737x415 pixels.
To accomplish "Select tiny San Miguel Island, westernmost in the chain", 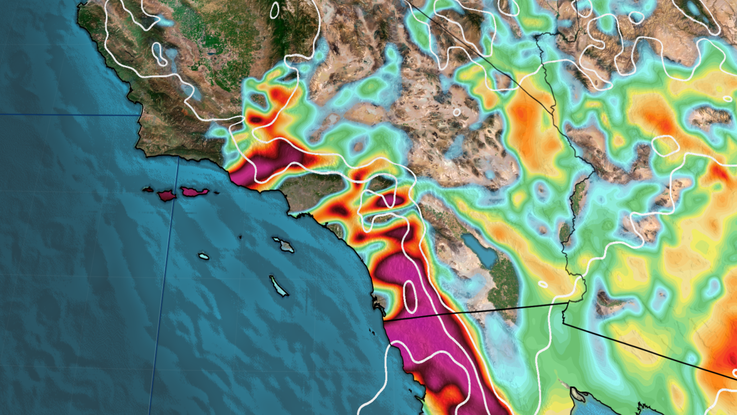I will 147,189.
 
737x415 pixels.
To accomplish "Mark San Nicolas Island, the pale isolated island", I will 203,257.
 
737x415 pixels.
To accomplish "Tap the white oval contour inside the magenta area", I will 410,294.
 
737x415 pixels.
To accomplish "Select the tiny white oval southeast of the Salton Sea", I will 543,284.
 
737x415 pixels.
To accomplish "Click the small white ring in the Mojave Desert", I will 457,112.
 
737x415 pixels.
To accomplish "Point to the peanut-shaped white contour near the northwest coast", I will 159,54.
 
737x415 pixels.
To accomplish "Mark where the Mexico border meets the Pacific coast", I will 384,322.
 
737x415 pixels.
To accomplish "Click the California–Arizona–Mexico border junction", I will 568,301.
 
